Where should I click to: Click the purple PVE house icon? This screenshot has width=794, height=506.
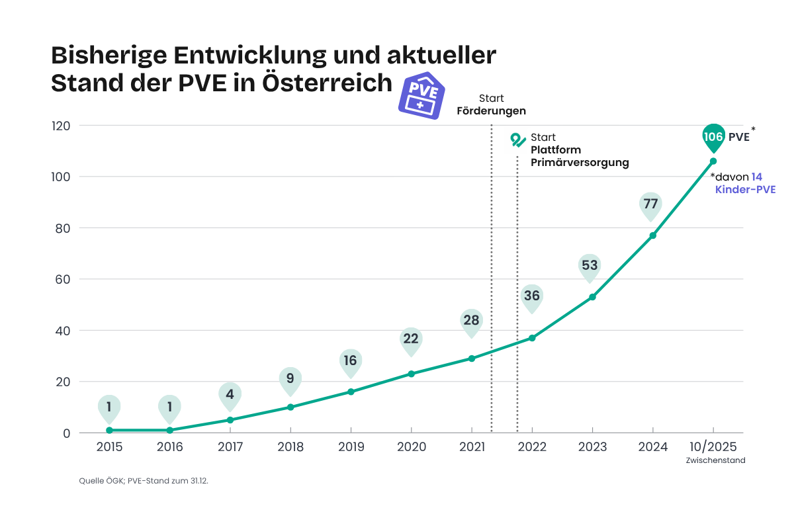(421, 95)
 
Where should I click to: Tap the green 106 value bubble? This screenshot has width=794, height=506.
(713, 136)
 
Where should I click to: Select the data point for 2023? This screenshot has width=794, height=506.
(592, 297)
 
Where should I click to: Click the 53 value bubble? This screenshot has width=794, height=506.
(590, 266)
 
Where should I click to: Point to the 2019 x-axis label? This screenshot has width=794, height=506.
(351, 447)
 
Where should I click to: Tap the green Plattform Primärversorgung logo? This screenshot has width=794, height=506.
(517, 140)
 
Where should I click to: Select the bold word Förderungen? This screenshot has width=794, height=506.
(491, 110)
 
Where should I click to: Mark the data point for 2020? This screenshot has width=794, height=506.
(411, 374)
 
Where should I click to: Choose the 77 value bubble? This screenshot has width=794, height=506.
(650, 204)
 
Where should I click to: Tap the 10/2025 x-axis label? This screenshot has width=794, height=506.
(713, 447)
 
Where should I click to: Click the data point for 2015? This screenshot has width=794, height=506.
(109, 431)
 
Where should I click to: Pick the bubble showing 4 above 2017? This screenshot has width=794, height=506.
(230, 394)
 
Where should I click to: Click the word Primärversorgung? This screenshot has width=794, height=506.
(580, 162)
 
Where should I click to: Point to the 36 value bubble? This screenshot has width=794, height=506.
(531, 296)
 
